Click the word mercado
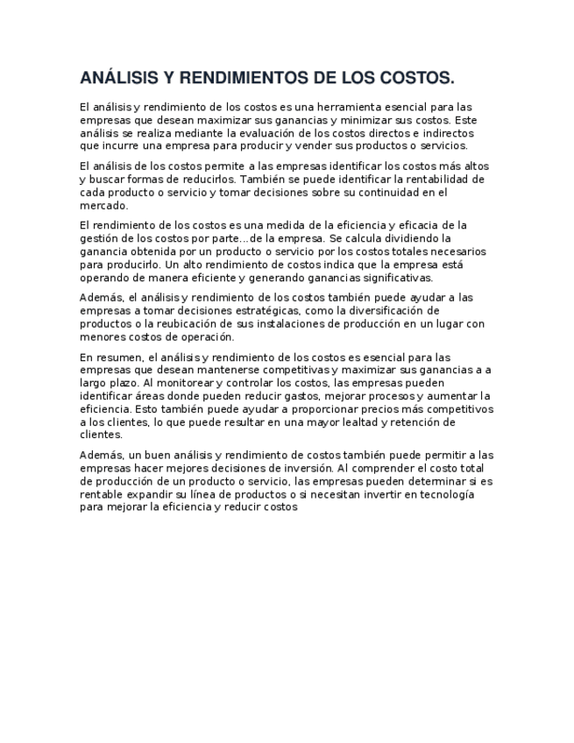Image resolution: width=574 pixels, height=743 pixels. pos(103,206)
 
